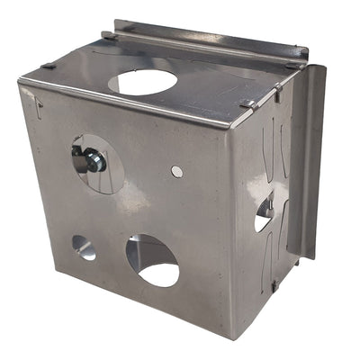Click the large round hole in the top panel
point(142,82)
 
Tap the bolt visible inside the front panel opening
point(91,160)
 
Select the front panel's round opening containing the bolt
point(99,163)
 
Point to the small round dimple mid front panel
point(177,171)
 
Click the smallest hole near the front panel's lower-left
point(83,247)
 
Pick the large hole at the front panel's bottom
point(153,261)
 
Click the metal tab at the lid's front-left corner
point(48,66)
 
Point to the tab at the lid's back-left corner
point(108,35)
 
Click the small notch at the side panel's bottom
point(274,285)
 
